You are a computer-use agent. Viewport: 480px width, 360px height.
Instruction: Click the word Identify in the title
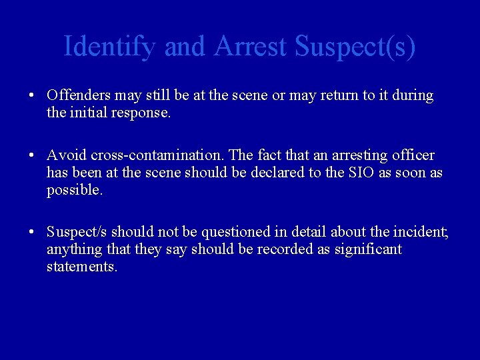tap(111, 47)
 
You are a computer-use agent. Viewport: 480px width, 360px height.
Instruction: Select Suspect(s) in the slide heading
tap(355, 47)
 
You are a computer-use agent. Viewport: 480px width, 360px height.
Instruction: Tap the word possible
tap(74, 190)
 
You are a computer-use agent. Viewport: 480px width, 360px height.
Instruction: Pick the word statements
tap(81, 267)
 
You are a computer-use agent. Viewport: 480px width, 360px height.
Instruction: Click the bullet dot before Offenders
tap(32, 95)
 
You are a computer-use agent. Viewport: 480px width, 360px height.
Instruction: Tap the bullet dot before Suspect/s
tap(32, 232)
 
